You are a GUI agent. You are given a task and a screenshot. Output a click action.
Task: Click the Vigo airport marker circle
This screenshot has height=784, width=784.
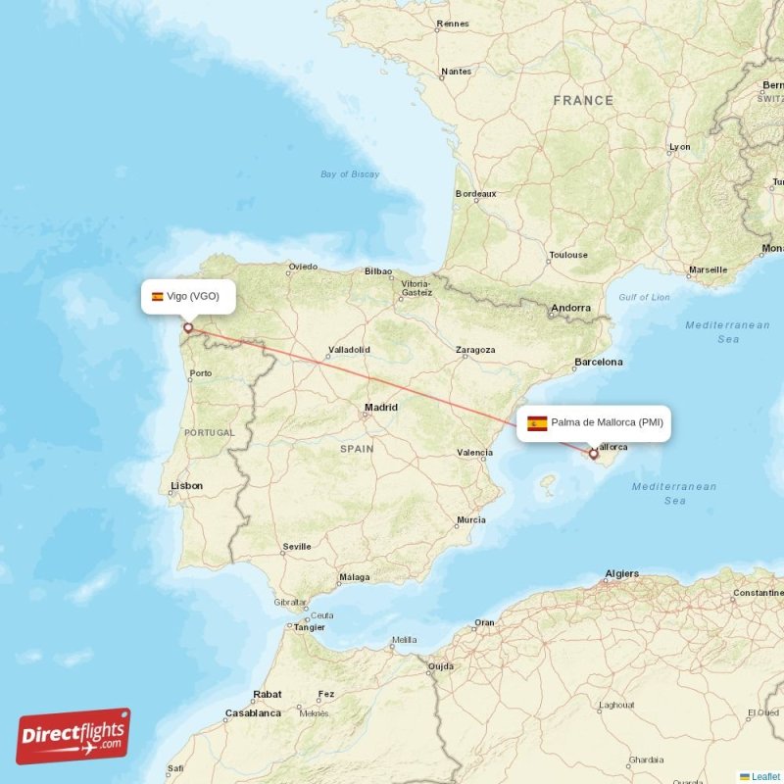(187, 328)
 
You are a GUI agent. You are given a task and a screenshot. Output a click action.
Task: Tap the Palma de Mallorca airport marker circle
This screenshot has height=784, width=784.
(593, 454)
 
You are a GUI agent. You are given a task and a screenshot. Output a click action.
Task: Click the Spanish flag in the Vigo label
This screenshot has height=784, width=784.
(157, 296)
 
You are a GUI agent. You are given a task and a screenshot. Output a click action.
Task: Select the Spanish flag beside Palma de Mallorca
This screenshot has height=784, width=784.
(537, 423)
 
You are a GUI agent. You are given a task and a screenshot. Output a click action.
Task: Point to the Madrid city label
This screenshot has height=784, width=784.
(381, 408)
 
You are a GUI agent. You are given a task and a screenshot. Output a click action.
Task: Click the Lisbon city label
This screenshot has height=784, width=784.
(186, 485)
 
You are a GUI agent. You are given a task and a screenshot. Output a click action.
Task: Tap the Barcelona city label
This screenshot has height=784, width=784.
(598, 362)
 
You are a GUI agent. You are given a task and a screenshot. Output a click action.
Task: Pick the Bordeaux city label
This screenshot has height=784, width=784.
(476, 194)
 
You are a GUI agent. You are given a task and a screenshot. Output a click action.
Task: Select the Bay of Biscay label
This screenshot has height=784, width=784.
(350, 174)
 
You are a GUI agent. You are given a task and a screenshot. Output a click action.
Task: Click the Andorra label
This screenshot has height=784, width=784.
(570, 308)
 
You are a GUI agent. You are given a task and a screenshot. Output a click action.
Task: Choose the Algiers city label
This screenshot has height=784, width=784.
(621, 573)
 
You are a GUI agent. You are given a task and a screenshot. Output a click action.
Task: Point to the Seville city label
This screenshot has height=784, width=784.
(297, 546)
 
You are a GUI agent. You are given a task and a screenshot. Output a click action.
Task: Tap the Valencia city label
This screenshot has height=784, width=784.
(474, 453)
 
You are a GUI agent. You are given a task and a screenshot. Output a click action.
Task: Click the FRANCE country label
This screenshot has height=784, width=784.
(583, 100)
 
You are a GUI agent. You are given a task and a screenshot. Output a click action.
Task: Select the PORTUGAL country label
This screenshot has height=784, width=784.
(210, 432)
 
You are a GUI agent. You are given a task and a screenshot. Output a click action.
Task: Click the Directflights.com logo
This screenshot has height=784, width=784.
(73, 736)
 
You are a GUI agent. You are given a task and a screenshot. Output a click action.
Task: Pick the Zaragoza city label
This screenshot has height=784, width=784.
(475, 350)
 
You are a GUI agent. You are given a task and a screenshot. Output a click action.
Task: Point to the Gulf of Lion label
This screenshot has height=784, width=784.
(644, 297)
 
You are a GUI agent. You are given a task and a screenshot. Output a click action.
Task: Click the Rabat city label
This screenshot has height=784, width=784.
(268, 694)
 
